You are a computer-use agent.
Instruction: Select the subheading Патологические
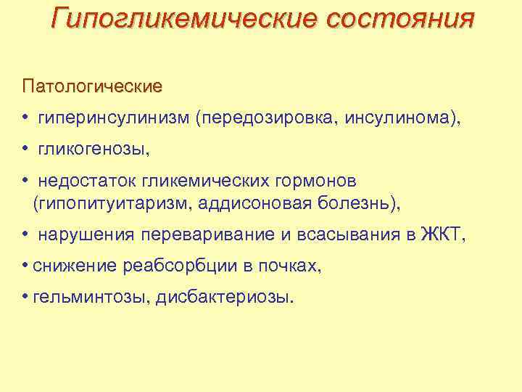pyautogui.click(x=92, y=86)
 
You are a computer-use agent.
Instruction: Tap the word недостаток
pyautogui.click(x=88, y=179)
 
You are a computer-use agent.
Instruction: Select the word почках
pyautogui.click(x=291, y=266)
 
